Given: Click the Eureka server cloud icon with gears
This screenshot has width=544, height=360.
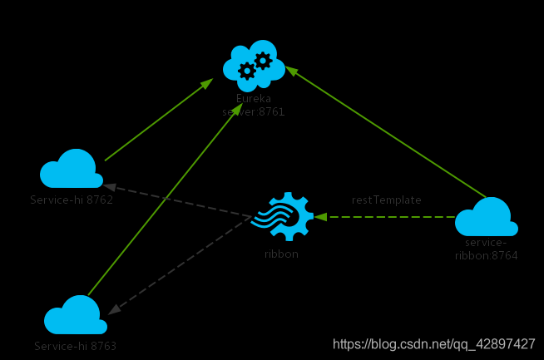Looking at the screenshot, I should pos(254,65).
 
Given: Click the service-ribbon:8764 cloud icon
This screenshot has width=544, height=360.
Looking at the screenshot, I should pos(487,218).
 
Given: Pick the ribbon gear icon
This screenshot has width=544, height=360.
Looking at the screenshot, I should pos(282,217).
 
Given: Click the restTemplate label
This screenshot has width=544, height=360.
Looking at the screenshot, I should pos(386,200).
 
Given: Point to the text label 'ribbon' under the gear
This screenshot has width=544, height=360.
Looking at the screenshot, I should pos(281,254).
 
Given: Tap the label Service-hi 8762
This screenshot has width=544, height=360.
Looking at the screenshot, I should pos(72,200).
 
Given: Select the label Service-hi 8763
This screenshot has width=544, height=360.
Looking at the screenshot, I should pos(75,345).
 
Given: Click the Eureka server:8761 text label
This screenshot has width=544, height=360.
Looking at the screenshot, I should pos(254,105).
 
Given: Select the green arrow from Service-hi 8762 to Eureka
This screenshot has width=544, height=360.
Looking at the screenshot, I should pos(158,121).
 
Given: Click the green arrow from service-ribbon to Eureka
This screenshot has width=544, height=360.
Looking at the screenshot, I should pos(387,135).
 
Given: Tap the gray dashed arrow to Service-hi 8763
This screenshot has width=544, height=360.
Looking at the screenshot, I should pos(179,265).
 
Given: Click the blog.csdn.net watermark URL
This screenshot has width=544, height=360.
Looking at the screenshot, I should pos(433,344).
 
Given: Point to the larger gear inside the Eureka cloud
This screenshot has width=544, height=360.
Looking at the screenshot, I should pos(246,71).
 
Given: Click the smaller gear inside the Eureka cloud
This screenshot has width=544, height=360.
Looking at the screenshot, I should pos(263,59).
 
